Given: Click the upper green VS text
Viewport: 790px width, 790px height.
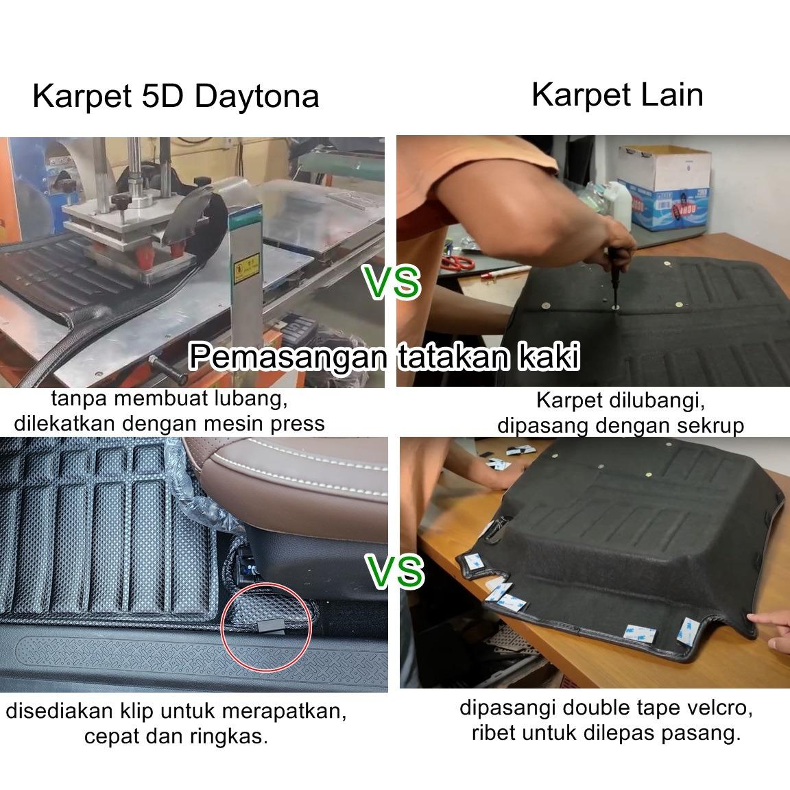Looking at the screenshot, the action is tap(392, 282).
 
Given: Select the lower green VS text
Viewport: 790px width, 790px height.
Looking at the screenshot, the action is tap(396, 571).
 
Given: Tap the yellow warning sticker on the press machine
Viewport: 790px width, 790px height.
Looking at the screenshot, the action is tap(247, 268).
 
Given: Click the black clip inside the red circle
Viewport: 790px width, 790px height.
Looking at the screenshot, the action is tap(271, 626).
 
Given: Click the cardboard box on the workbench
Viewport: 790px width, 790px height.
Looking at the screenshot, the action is tap(664, 187).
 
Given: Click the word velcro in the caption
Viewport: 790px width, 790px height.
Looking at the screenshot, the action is tap(722, 708).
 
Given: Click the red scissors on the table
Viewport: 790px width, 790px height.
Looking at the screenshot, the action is tap(457, 262).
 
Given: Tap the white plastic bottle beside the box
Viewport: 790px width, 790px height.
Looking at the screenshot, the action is tap(620, 204).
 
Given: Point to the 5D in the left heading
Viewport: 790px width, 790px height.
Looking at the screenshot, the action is tap(163, 96).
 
